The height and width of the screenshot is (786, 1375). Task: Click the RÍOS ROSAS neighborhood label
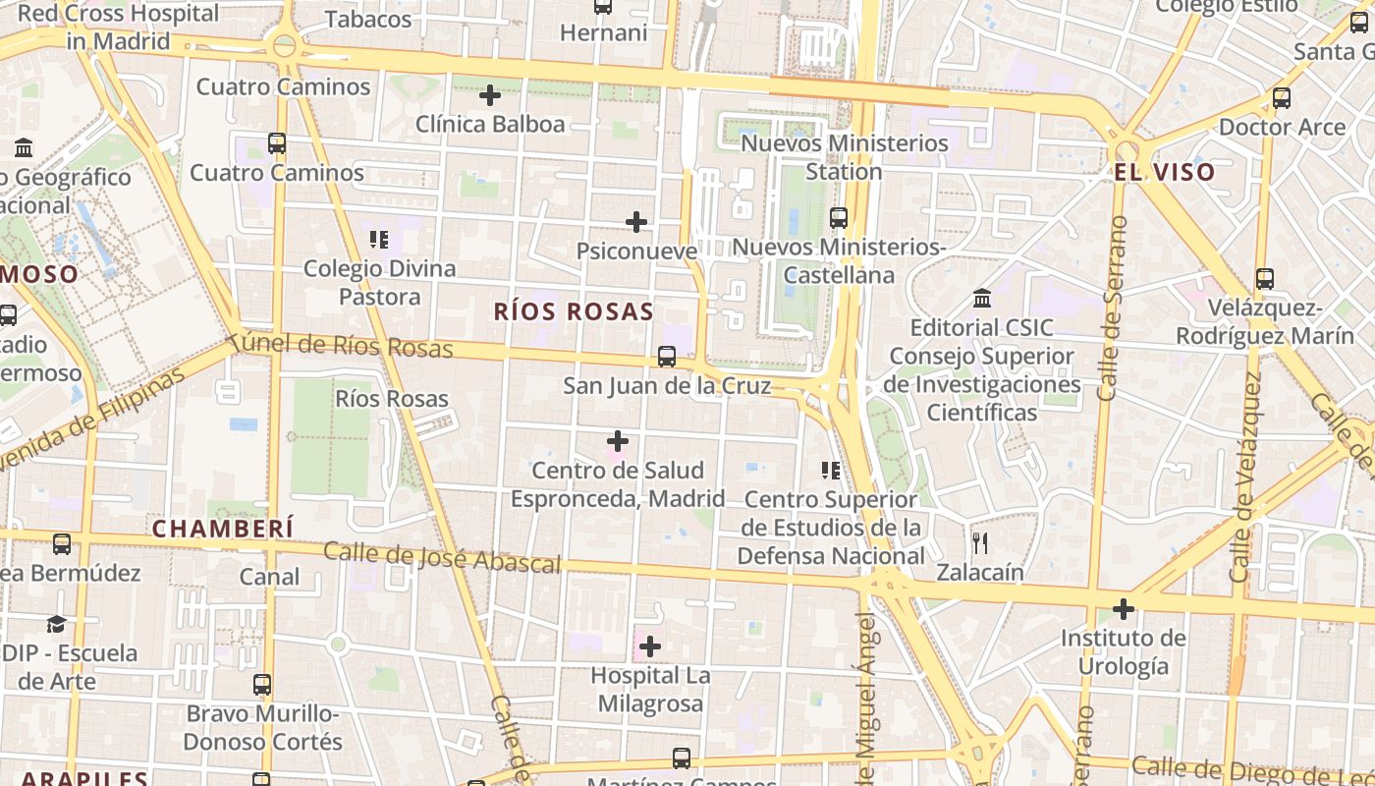[x=574, y=312]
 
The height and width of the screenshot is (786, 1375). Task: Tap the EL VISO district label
[x=1164, y=172]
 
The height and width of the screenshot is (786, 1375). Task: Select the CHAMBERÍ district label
[x=223, y=529]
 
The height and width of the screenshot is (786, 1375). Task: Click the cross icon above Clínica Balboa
[x=490, y=95]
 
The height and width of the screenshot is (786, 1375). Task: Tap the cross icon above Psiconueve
[x=636, y=222]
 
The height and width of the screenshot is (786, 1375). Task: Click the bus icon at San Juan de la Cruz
[x=667, y=357]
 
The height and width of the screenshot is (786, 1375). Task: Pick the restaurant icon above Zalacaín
[x=979, y=543]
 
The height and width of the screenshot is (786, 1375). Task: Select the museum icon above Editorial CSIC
[x=981, y=298]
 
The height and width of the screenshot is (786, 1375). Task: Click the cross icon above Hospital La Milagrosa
[x=650, y=646]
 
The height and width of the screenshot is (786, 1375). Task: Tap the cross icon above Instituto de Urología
[x=1124, y=609]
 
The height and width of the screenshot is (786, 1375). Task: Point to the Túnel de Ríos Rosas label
[x=341, y=345]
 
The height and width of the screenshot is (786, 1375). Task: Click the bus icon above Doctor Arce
[x=1282, y=98]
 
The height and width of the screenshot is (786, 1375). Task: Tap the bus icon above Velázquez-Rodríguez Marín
[x=1265, y=279]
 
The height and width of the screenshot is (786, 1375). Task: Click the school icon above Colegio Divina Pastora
[x=379, y=239]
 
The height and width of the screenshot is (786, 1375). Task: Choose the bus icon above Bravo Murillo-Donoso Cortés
[x=262, y=685]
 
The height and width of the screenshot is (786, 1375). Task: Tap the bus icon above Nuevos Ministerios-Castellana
[x=839, y=218]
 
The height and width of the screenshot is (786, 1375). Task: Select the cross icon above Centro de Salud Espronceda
[x=618, y=441]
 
